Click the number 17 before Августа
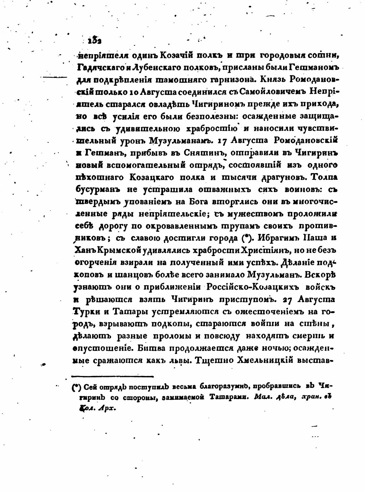click(223, 141)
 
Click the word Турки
click(85, 312)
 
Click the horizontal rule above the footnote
click(113, 377)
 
